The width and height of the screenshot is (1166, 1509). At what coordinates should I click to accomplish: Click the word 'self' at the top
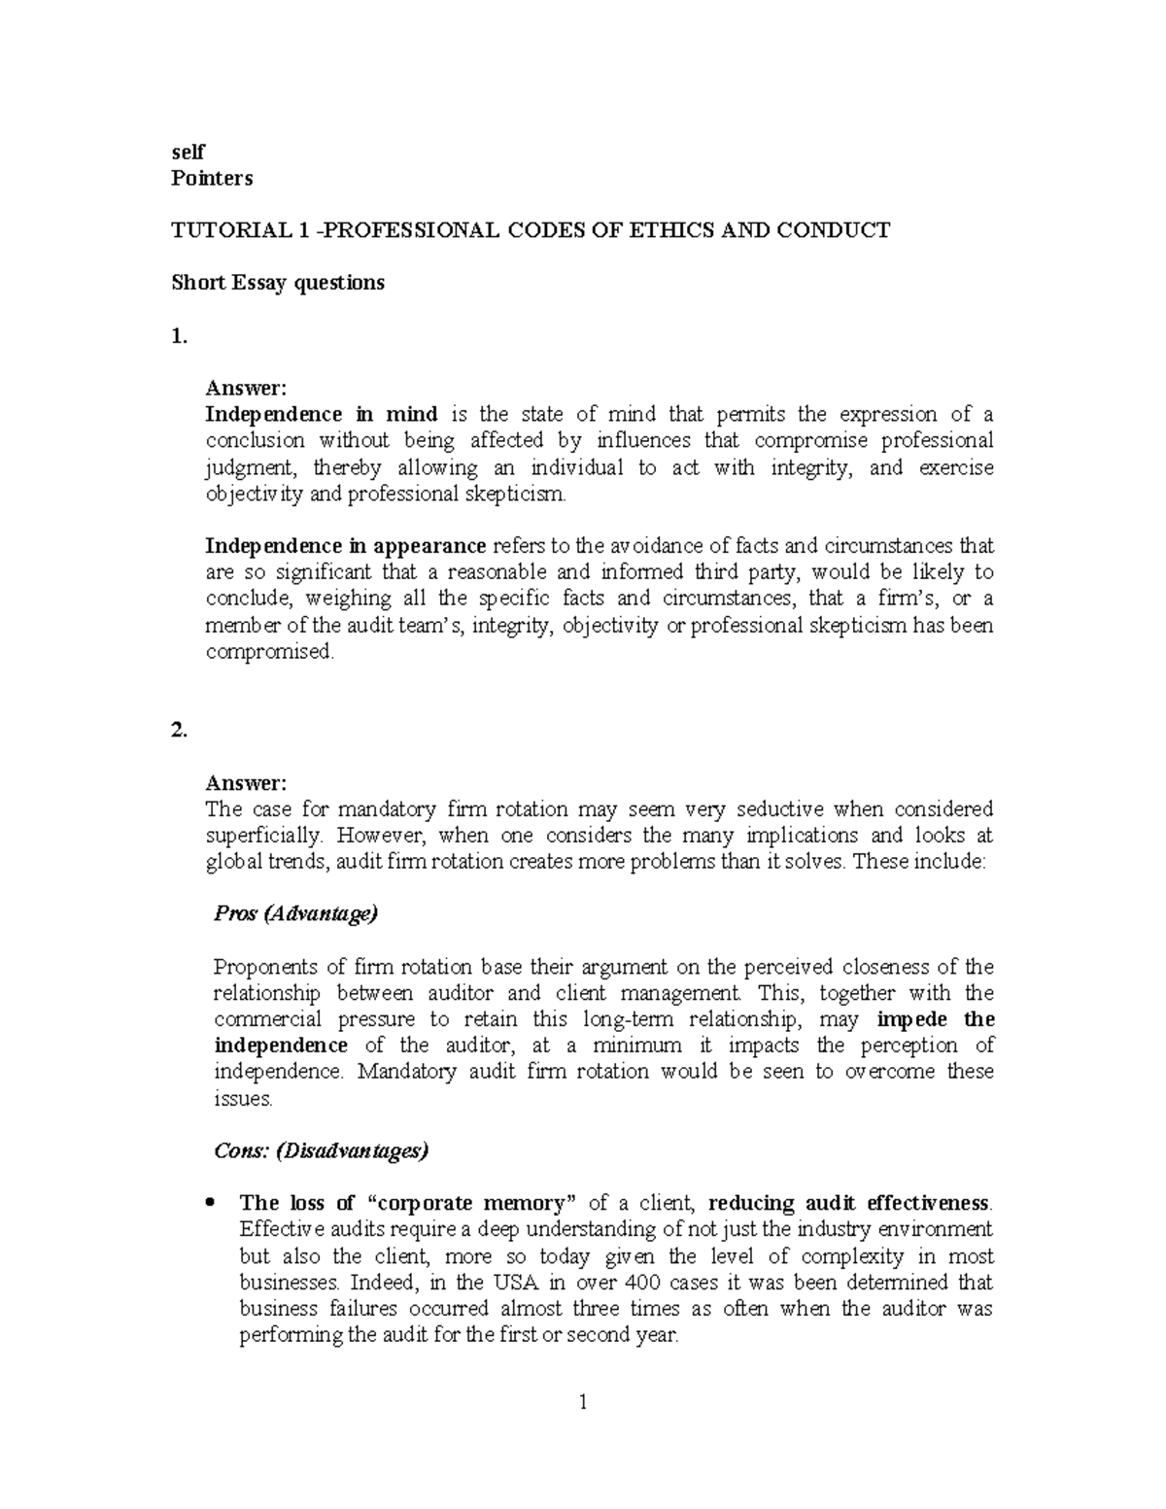[189, 153]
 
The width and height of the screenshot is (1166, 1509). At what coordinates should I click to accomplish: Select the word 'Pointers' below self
[212, 179]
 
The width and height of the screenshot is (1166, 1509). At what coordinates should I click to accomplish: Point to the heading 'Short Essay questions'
[278, 283]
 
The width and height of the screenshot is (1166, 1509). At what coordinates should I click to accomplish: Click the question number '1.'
[178, 336]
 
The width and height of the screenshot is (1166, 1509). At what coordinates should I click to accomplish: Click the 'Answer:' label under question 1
[246, 389]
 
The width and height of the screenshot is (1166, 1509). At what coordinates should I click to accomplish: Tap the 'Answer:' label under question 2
[246, 783]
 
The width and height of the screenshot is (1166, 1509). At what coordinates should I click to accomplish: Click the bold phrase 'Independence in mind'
[322, 415]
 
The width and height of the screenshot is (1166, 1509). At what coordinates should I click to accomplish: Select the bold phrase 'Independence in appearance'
[346, 546]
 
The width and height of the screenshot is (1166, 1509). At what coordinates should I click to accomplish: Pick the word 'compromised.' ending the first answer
[269, 652]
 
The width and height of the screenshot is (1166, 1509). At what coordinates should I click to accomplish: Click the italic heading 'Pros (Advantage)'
[295, 914]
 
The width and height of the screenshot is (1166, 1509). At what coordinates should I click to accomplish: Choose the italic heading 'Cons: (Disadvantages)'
[321, 1151]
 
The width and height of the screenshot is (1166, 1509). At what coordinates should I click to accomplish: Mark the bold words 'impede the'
[935, 1019]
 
